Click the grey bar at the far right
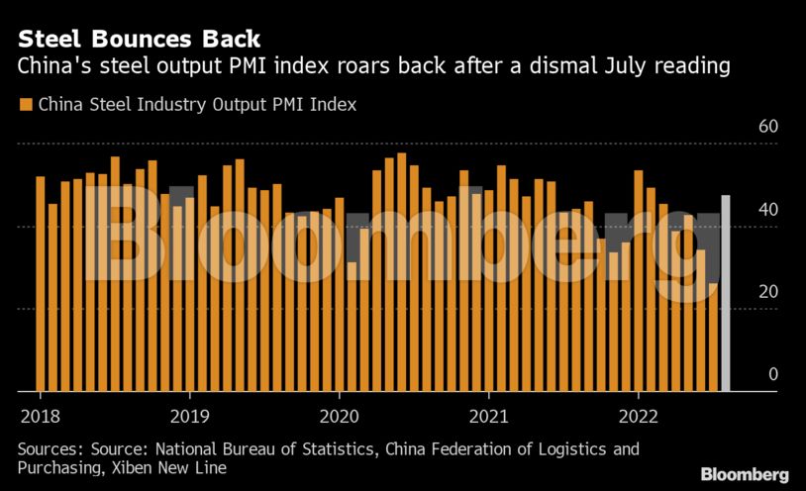click(726, 293)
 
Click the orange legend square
click(25, 104)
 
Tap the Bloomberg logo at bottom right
click(745, 474)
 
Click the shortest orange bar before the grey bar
click(713, 337)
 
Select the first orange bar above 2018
click(41, 284)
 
